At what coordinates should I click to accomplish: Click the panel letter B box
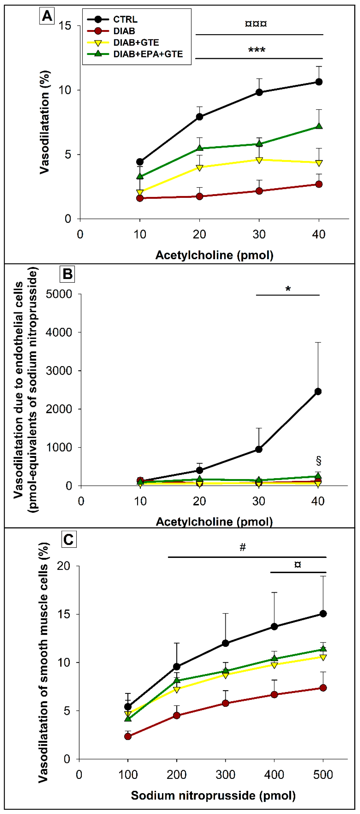coord(68,274)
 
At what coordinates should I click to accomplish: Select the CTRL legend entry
coord(125,20)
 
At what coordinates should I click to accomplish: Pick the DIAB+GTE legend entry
coord(136,43)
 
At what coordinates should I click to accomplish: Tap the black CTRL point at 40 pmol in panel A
coord(319,82)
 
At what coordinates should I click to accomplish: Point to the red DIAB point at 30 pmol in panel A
coord(259,191)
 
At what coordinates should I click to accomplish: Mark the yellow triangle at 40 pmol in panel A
coord(319,163)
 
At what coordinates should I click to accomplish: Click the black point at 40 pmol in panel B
coord(318,392)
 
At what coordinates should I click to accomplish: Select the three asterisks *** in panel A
coord(257,50)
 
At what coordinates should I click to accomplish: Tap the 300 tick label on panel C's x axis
coord(225,775)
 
